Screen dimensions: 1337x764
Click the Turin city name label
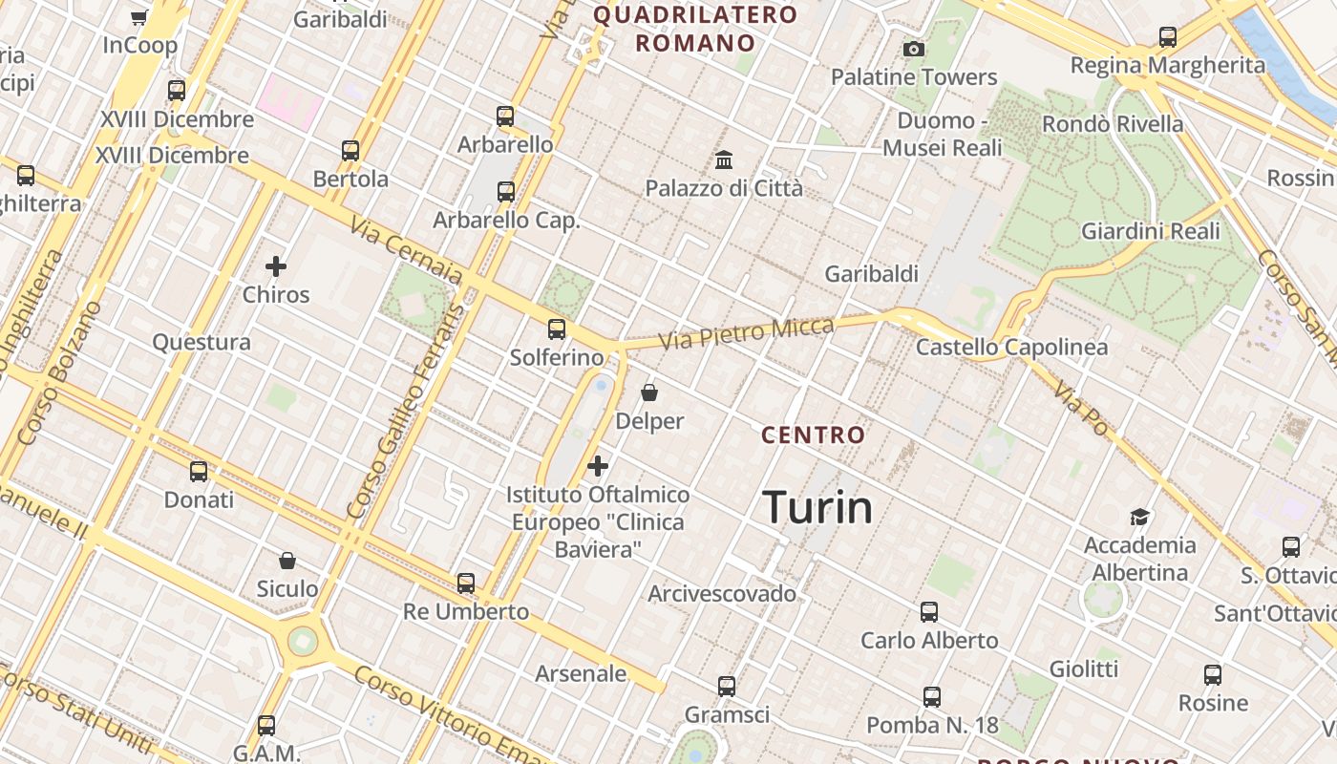click(818, 508)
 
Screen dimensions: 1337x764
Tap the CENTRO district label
click(814, 435)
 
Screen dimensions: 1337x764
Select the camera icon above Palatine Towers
click(914, 49)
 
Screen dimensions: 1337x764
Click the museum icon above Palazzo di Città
click(724, 159)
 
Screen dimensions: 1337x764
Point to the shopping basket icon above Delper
click(649, 393)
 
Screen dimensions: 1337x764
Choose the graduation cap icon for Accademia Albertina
click(1139, 517)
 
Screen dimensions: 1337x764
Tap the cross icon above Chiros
click(276, 266)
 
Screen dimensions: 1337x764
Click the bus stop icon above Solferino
click(557, 329)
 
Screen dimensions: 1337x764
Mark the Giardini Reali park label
click(1151, 231)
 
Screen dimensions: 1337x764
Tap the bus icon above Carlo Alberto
click(929, 612)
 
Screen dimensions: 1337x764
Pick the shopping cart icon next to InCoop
click(139, 17)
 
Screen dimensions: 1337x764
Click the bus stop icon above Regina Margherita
click(1168, 37)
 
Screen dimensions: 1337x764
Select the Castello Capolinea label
click(1012, 348)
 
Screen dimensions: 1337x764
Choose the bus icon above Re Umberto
click(466, 583)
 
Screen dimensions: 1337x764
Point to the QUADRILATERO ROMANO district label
click(695, 29)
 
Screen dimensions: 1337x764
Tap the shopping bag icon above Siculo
click(287, 561)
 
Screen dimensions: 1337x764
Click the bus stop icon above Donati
click(199, 471)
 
